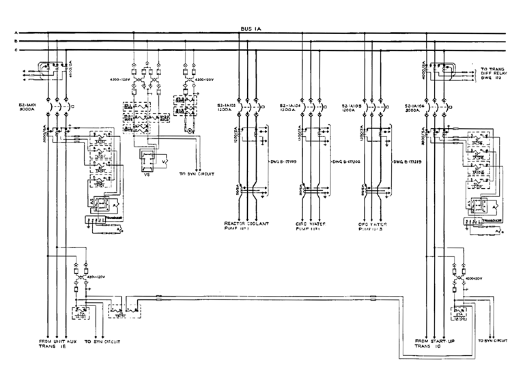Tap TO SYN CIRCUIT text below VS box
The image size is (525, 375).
tap(197, 175)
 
